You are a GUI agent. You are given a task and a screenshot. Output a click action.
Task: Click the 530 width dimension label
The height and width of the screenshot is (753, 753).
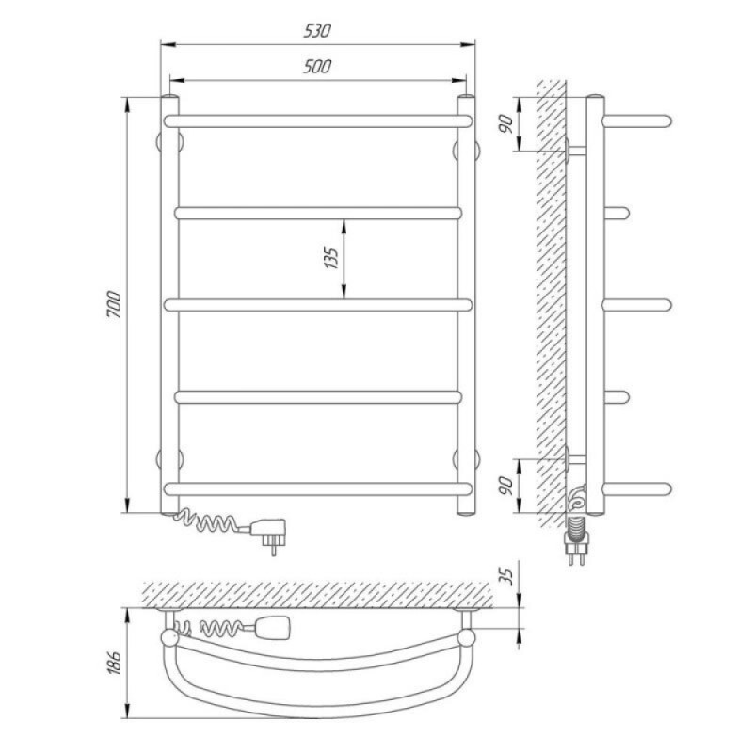pos(317,31)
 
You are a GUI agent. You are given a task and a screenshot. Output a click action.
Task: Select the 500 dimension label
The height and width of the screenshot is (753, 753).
pos(317,66)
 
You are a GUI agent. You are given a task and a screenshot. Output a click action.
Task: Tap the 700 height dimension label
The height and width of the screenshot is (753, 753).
pos(115,304)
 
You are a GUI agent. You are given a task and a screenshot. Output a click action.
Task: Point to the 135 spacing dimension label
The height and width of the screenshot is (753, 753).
pos(331,257)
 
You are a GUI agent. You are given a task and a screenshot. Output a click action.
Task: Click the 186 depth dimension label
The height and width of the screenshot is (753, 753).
pos(114,664)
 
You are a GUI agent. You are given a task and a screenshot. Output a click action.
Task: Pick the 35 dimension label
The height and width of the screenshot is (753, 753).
pos(506,576)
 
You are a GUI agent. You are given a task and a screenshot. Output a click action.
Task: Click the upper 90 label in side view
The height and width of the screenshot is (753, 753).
pos(506,124)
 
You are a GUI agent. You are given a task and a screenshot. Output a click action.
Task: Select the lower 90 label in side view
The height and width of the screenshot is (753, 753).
pos(506,486)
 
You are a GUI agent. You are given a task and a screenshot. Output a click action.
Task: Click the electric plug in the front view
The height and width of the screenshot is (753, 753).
pos(268,534)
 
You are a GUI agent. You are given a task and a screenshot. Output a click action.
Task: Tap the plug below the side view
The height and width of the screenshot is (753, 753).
pos(576,542)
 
